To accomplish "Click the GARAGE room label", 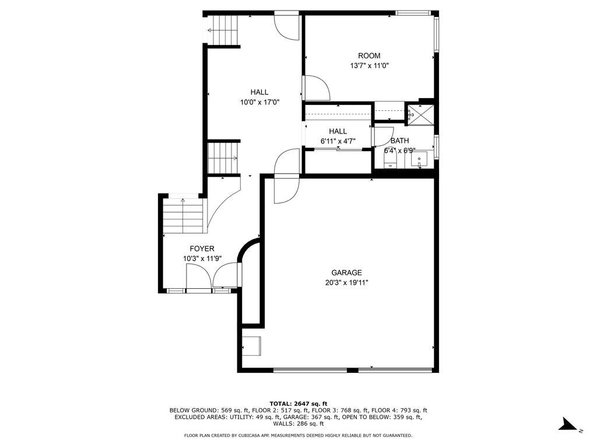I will click(346, 272).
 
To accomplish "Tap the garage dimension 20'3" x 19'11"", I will click(346, 282).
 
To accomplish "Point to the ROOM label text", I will click(369, 56).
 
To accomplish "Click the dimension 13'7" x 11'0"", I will click(369, 66).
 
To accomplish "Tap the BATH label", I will click(399, 141).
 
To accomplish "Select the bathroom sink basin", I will click(420, 159).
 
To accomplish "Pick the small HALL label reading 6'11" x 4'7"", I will click(338, 141).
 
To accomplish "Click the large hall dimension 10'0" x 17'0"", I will click(259, 102).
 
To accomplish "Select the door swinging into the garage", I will click(286, 190).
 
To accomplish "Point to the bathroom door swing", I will click(384, 136).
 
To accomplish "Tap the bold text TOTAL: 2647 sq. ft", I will click(298, 404).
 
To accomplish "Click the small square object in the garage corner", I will click(252, 346).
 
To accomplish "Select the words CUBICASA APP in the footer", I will click(251, 435).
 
